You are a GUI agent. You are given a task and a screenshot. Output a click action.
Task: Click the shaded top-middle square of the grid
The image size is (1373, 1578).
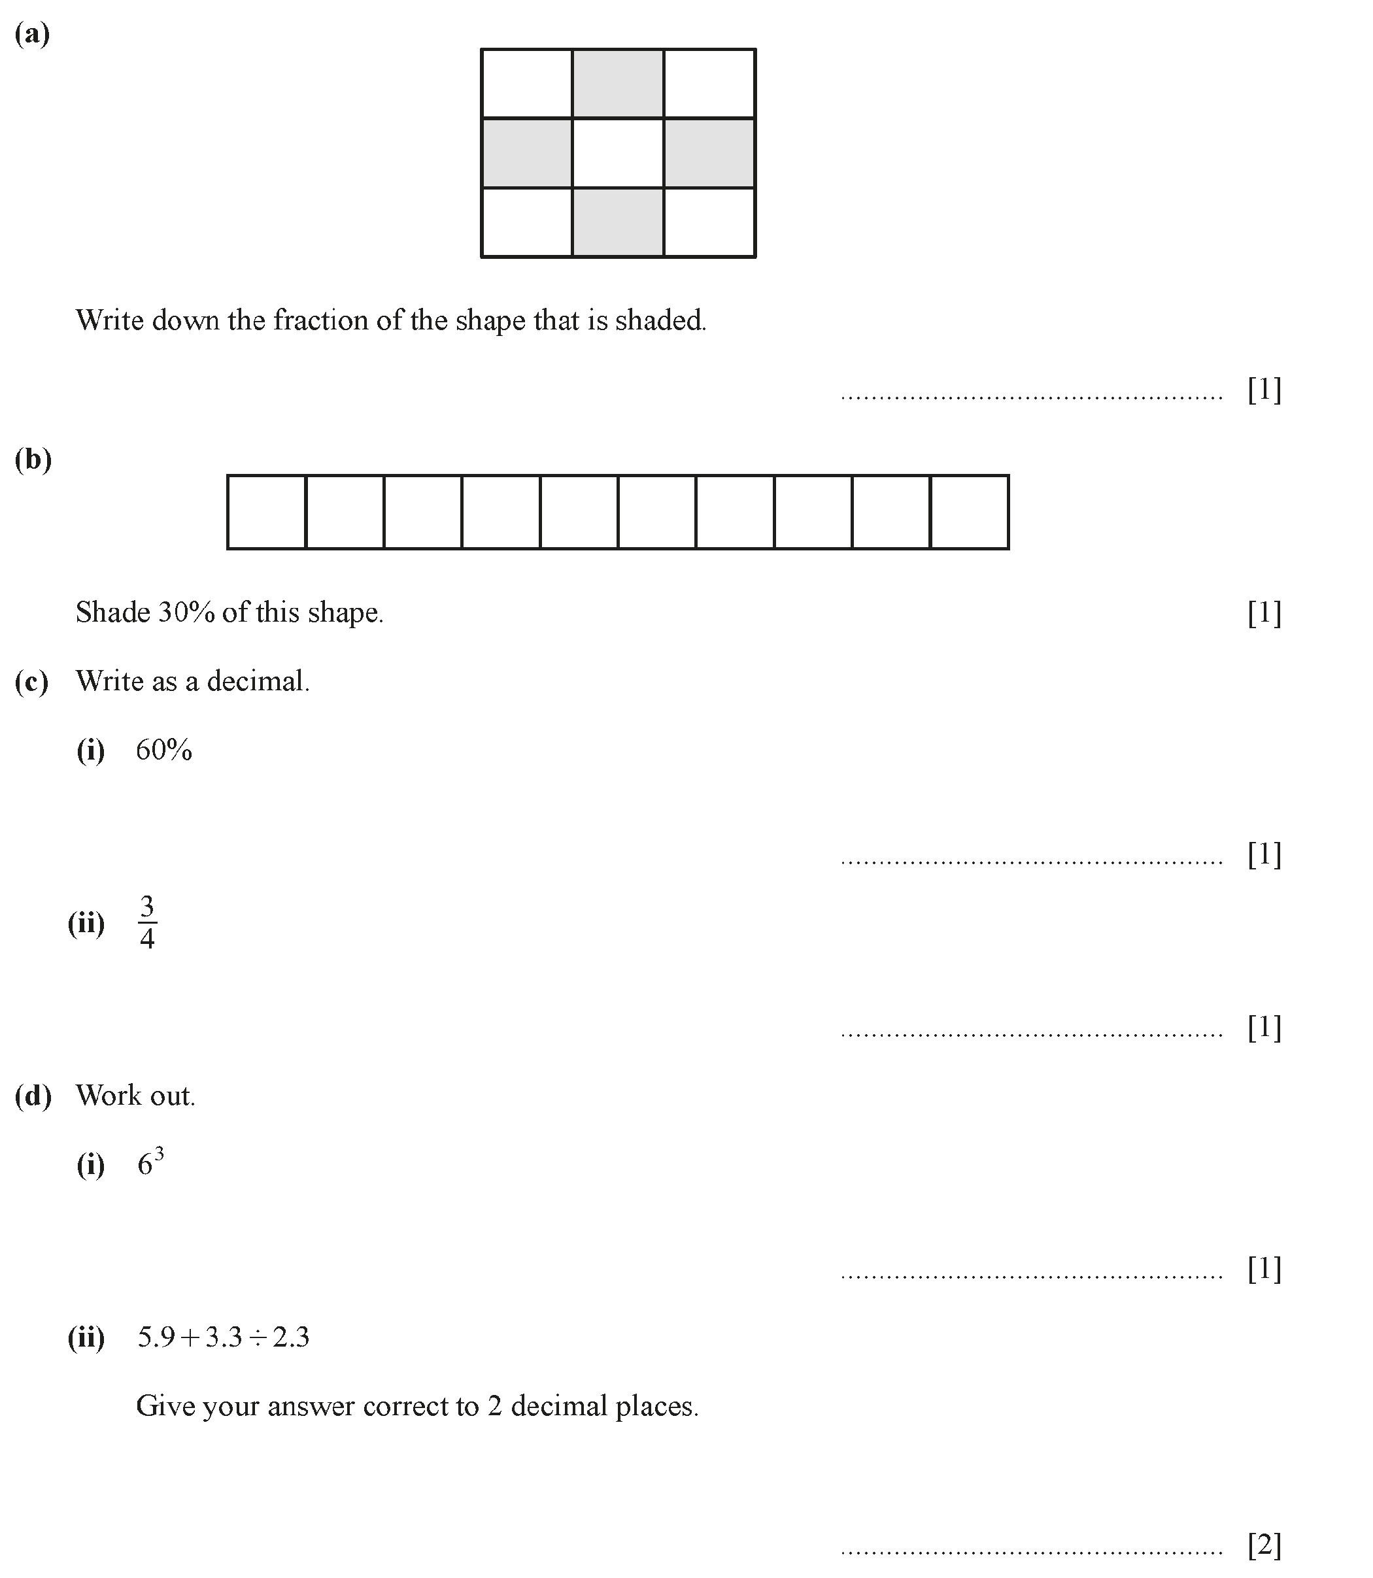pyautogui.click(x=618, y=84)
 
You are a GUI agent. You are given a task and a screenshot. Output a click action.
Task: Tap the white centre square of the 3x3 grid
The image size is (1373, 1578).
pyautogui.click(x=618, y=152)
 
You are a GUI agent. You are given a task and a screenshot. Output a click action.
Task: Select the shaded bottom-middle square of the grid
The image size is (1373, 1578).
pyautogui.click(x=618, y=222)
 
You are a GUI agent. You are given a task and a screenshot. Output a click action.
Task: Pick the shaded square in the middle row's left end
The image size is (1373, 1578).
pyautogui.click(x=527, y=152)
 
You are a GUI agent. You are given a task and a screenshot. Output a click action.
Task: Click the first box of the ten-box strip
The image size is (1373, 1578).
pyautogui.click(x=267, y=512)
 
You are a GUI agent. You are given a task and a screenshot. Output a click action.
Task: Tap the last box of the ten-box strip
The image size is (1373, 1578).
pyautogui.click(x=969, y=512)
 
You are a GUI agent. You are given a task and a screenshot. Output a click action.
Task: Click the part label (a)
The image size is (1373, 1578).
pyautogui.click(x=32, y=35)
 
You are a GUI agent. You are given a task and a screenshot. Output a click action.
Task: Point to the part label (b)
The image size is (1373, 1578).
pyautogui.click(x=33, y=460)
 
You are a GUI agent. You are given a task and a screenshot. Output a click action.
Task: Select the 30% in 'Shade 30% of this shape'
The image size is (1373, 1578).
pyautogui.click(x=186, y=613)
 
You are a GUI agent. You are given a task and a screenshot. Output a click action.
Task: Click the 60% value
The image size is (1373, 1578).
pyautogui.click(x=164, y=750)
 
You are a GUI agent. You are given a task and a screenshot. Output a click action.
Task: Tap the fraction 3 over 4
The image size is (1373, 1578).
pyautogui.click(x=147, y=923)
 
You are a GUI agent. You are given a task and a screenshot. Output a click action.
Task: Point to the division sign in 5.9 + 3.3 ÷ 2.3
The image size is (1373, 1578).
pyautogui.click(x=258, y=1337)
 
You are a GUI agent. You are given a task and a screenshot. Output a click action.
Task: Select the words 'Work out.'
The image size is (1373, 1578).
pyautogui.click(x=135, y=1096)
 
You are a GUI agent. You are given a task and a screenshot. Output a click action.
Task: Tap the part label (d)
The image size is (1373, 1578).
pyautogui.click(x=33, y=1096)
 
